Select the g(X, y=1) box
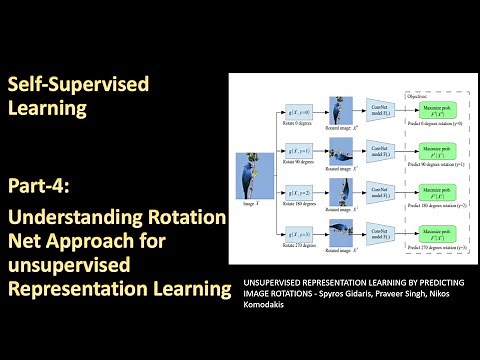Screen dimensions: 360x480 coord(298,152)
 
